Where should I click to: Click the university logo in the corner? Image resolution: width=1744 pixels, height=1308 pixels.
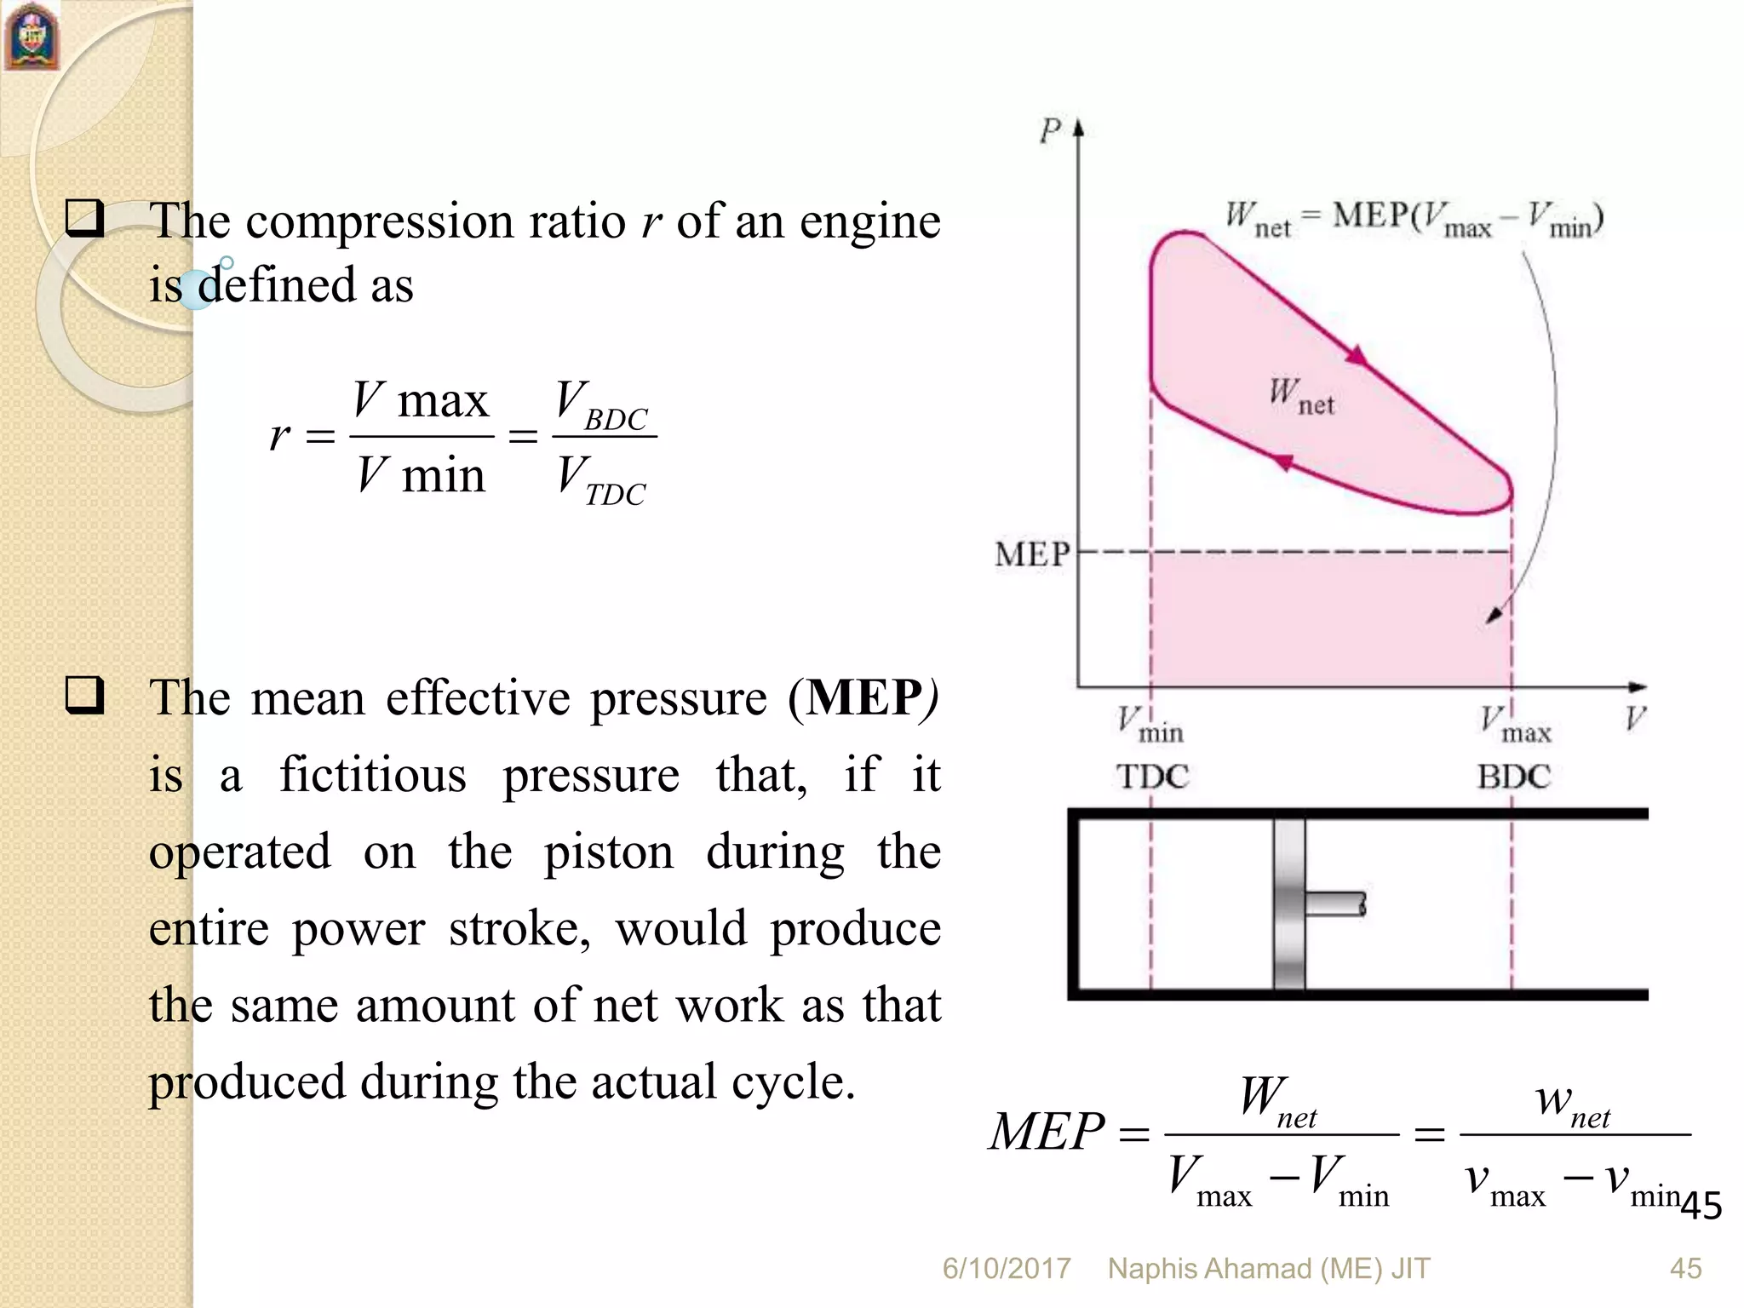(32, 37)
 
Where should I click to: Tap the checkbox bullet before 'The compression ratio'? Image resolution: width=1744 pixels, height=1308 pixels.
(84, 218)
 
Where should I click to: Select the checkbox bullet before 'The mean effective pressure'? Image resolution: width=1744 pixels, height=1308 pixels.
(84, 695)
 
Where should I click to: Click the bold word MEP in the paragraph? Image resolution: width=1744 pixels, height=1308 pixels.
(863, 698)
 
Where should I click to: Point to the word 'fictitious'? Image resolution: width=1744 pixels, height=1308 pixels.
(373, 775)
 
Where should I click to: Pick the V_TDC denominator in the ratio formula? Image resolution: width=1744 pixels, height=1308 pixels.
(601, 481)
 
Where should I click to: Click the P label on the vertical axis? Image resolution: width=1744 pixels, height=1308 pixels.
(1050, 131)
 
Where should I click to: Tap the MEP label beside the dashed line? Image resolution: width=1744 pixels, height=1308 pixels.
(1031, 555)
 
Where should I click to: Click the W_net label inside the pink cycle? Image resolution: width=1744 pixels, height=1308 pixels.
(1300, 397)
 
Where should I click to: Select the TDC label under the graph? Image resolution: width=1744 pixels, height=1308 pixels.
(1151, 777)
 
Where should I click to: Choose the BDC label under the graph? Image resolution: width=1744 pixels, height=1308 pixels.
(1513, 777)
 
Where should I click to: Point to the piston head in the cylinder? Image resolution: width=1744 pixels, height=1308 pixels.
(1289, 904)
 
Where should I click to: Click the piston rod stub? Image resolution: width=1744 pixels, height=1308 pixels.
(1334, 904)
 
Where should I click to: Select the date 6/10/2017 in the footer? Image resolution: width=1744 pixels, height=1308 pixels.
(1006, 1269)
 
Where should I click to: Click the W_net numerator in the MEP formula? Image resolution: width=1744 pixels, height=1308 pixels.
(1278, 1101)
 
